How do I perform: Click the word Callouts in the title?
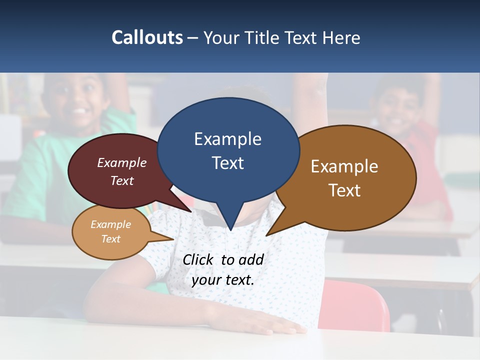[x=147, y=37]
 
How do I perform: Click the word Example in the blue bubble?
[x=227, y=139]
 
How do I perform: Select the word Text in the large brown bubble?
[x=344, y=190]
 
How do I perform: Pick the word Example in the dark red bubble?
[x=121, y=163]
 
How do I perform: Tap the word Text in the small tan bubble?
[x=110, y=239]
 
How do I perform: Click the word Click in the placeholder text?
[x=199, y=259]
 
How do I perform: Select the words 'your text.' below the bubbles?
[x=222, y=280]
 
